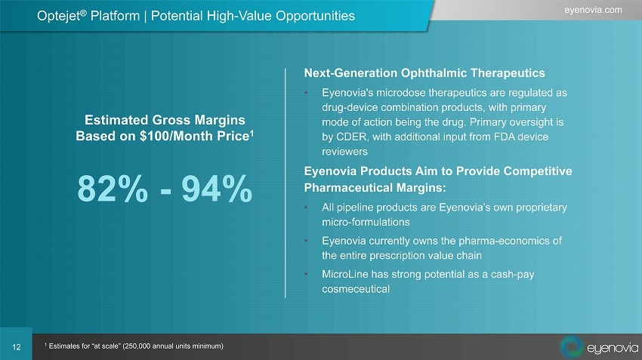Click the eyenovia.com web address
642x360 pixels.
click(x=593, y=10)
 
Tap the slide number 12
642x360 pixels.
click(x=17, y=347)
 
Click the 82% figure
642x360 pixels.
click(x=113, y=189)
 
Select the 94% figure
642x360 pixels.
click(x=217, y=189)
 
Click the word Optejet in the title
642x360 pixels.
click(x=59, y=16)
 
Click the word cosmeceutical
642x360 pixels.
click(x=356, y=289)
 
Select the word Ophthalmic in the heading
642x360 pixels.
click(x=434, y=72)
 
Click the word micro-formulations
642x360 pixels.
click(x=366, y=222)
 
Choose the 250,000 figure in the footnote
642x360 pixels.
click(x=137, y=346)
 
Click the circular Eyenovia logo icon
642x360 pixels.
click(x=572, y=346)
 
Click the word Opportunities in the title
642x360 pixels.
click(x=315, y=16)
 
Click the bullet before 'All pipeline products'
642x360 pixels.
click(x=306, y=208)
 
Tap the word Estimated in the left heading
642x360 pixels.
click(x=116, y=120)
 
